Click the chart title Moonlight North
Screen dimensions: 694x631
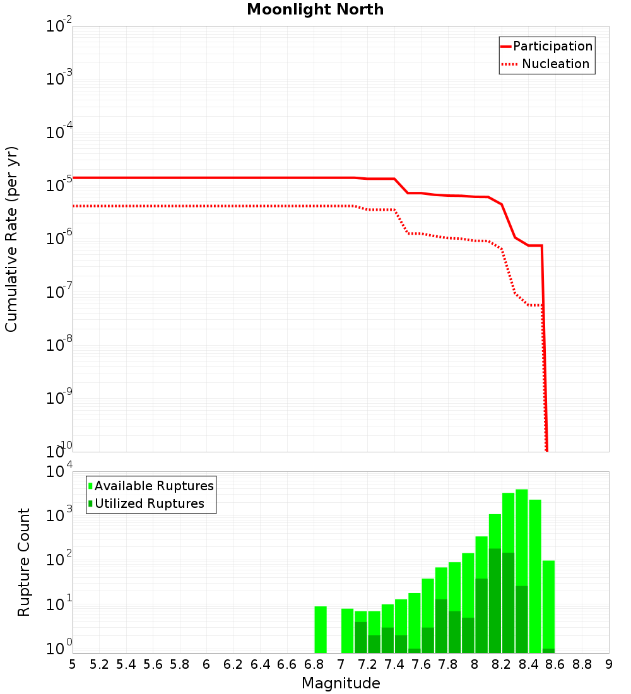315,9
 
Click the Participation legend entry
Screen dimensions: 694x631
546,46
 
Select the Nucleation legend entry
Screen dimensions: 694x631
546,64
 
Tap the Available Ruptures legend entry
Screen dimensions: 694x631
151,486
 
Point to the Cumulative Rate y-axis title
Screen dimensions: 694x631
11,239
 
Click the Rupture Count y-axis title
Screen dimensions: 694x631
24,562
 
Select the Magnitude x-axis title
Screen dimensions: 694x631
341,683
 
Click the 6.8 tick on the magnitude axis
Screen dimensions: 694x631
314,664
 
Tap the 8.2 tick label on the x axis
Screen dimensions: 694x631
502,664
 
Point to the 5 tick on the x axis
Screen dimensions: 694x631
73,664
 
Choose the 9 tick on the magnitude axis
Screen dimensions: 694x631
609,664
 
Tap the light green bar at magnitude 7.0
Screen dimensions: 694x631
347,630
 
